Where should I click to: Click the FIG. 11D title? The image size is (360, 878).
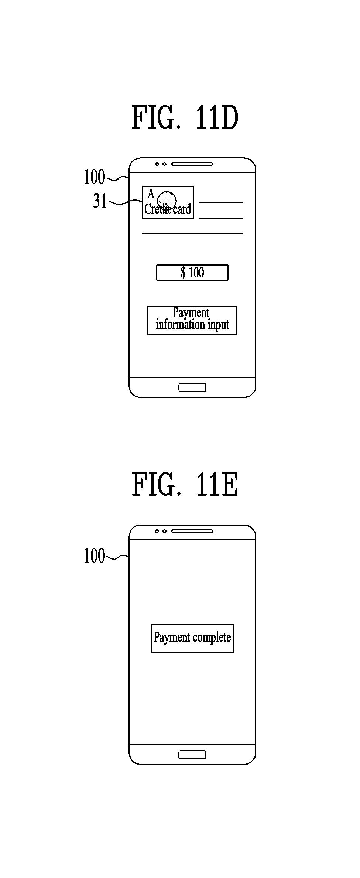pyautogui.click(x=185, y=117)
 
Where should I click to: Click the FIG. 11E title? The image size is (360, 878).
pyautogui.click(x=185, y=484)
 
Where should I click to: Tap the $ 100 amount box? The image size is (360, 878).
pyautogui.click(x=192, y=273)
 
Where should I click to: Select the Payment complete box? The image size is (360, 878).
pyautogui.click(x=192, y=638)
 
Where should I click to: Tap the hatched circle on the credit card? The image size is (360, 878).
pyautogui.click(x=167, y=199)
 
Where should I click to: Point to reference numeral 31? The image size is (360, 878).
pyautogui.click(x=100, y=201)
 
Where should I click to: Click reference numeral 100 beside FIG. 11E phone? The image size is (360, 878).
pyautogui.click(x=94, y=556)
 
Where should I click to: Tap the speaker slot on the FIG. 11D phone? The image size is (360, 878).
pyautogui.click(x=192, y=164)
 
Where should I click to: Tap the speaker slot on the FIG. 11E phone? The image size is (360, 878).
pyautogui.click(x=192, y=531)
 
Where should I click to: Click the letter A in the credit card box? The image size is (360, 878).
pyautogui.click(x=151, y=194)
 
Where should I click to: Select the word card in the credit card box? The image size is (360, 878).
pyautogui.click(x=182, y=209)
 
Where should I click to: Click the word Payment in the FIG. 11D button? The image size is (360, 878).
pyautogui.click(x=191, y=313)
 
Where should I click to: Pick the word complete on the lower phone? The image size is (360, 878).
pyautogui.click(x=212, y=638)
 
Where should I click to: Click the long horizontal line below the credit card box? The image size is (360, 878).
pyautogui.click(x=192, y=233)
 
